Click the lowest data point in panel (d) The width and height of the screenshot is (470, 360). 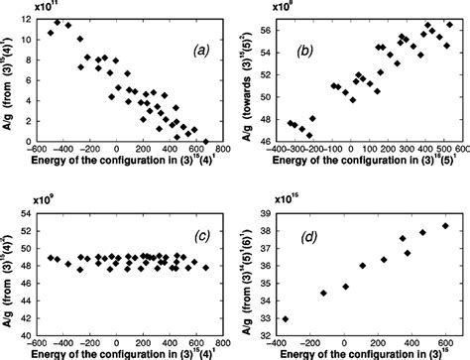pyautogui.click(x=287, y=318)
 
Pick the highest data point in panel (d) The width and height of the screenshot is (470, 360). pyautogui.click(x=445, y=226)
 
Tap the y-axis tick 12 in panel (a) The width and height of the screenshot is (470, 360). pyautogui.click(x=27, y=20)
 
